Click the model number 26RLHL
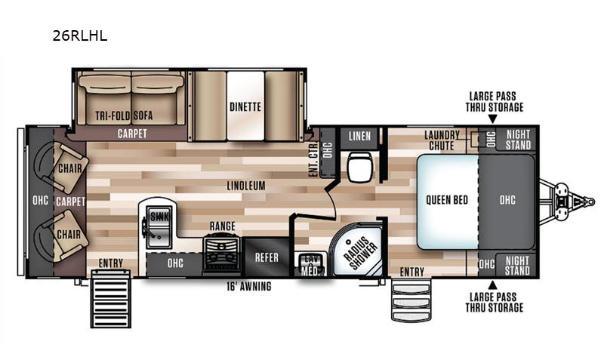tap(80, 36)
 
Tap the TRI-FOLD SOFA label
tap(124, 115)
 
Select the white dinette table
tap(245, 106)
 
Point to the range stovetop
tap(222, 252)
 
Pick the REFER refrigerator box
tap(267, 257)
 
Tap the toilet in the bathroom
tap(360, 166)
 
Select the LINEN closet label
tap(359, 136)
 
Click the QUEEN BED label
tap(447, 200)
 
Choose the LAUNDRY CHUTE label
tap(442, 140)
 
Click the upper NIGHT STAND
tap(518, 140)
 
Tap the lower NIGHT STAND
tap(518, 266)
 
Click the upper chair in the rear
tap(62, 168)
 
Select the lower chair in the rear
tap(62, 235)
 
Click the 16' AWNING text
tap(249, 287)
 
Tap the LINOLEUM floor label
tap(246, 186)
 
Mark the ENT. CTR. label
tap(314, 159)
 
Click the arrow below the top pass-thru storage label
tap(493, 120)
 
